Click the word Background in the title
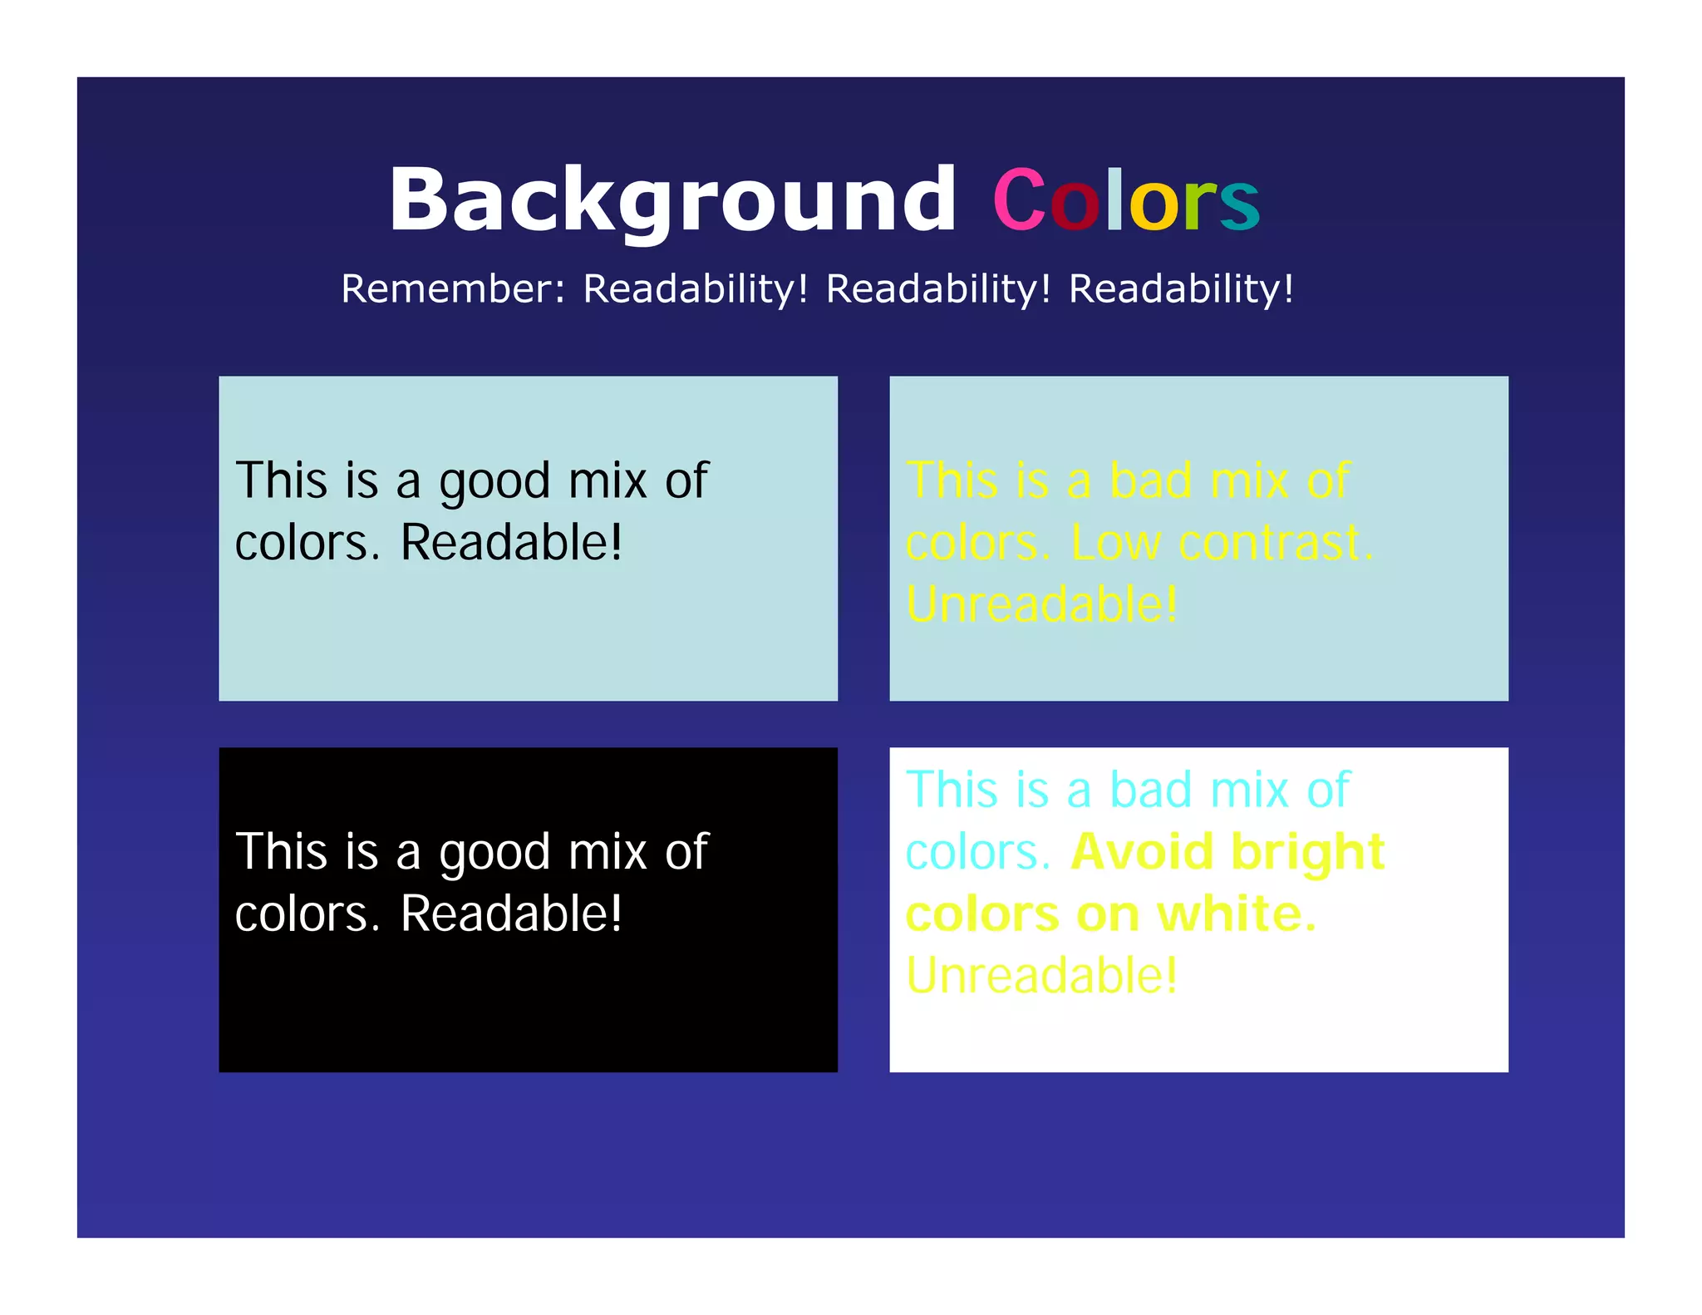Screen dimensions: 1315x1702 [671, 200]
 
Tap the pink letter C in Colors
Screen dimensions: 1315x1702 [1019, 200]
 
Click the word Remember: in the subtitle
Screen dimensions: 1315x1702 [454, 289]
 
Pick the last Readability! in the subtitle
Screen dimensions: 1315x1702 [1181, 289]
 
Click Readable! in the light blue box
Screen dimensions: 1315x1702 [511, 543]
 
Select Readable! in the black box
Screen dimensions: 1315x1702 [511, 914]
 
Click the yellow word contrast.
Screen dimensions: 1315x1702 [1276, 543]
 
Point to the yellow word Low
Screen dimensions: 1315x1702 [1115, 543]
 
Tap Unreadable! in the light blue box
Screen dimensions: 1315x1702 [1041, 604]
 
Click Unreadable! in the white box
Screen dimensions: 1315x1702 [1041, 975]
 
